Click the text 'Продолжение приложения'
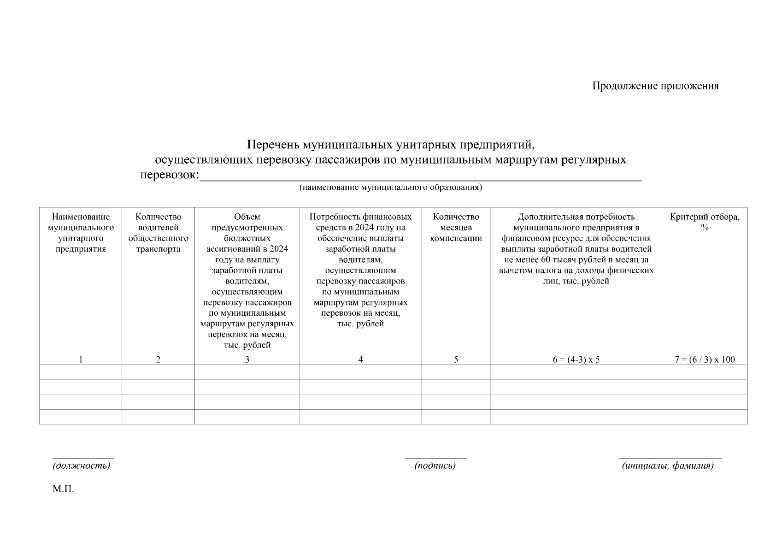click(655, 86)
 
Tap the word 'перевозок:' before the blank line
click(169, 175)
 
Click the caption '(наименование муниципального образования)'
click(390, 188)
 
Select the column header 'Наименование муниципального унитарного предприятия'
click(81, 233)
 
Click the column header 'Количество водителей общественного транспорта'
click(158, 233)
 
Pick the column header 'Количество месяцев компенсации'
click(456, 228)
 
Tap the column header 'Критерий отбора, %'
click(705, 222)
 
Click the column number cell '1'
click(81, 359)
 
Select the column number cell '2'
click(158, 359)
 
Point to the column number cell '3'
click(247, 359)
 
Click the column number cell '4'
click(360, 359)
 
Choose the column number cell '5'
click(456, 359)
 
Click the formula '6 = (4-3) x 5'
click(576, 359)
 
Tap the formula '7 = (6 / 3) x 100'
click(705, 359)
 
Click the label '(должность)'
click(82, 466)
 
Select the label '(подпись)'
click(435, 466)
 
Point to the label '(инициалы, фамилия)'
click(668, 466)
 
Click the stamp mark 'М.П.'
click(63, 489)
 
